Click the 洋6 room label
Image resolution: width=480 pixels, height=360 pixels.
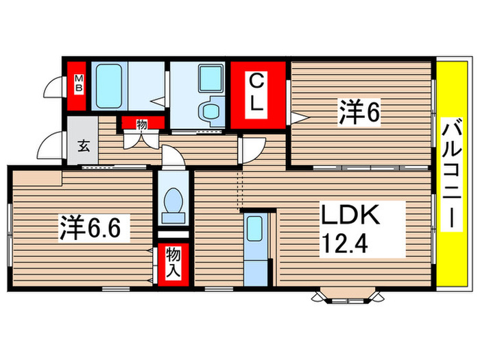pos(358,112)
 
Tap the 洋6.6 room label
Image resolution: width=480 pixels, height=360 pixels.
pos(94,226)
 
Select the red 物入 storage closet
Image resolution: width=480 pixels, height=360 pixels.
pos(173,263)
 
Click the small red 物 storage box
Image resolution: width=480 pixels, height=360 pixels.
pos(142,124)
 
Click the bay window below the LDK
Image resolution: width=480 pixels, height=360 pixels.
pos(347,296)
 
